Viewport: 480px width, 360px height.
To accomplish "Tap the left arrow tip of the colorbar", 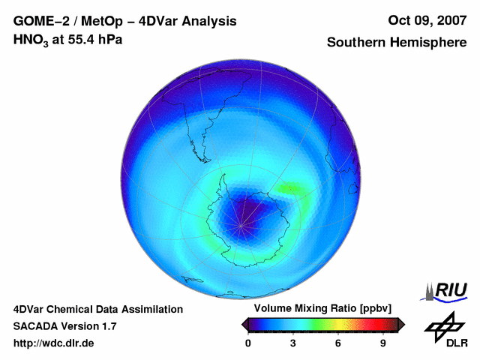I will (244, 324).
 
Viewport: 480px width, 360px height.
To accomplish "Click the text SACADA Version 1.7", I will (64, 326).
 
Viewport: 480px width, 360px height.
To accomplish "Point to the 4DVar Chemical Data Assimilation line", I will (97, 309).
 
